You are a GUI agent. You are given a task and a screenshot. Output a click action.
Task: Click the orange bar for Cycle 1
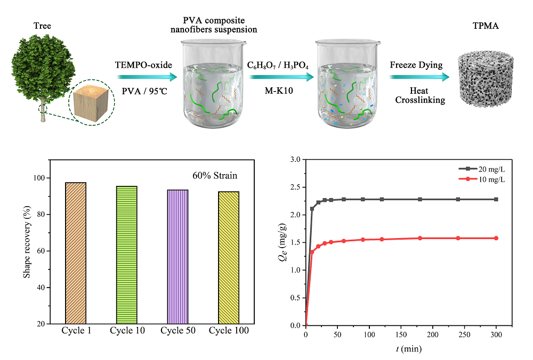pos(76,253)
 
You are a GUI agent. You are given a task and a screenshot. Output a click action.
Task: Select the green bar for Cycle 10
pos(126,255)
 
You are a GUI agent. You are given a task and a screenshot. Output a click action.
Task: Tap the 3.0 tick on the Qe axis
pos(295,159)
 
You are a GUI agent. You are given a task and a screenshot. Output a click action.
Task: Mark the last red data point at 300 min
pos(496,238)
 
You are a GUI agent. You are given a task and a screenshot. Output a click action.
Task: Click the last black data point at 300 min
pos(496,199)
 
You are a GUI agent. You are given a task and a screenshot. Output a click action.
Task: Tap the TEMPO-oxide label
pos(143,65)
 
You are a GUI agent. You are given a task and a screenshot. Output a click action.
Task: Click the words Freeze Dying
pos(416,65)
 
